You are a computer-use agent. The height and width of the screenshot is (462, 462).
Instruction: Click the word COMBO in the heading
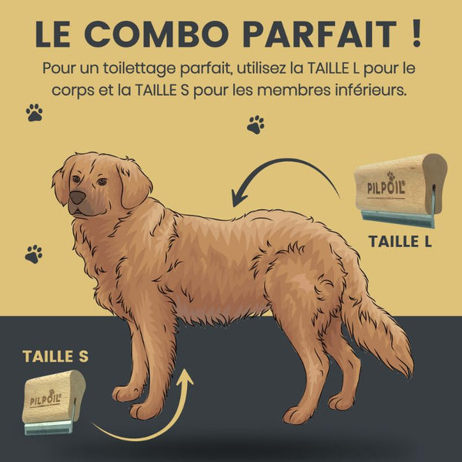[157, 34]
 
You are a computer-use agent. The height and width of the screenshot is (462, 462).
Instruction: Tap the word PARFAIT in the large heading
[320, 34]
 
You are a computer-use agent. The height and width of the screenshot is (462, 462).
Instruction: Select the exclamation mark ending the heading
[417, 34]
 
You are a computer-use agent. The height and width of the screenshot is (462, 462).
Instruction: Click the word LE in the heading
[52, 34]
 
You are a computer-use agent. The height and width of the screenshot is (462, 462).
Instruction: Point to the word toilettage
[139, 69]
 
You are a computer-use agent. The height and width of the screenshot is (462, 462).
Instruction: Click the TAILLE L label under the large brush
[400, 241]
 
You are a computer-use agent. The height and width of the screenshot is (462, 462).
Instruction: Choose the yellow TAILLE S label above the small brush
[55, 357]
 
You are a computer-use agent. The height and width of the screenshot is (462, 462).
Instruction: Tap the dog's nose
[78, 197]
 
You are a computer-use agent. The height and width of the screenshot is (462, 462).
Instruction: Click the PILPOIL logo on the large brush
[387, 186]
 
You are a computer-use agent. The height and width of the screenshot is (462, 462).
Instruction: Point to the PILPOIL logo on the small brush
[45, 398]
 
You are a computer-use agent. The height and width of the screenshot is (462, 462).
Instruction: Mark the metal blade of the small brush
[49, 427]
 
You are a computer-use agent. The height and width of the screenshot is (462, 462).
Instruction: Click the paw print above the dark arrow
[256, 125]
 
